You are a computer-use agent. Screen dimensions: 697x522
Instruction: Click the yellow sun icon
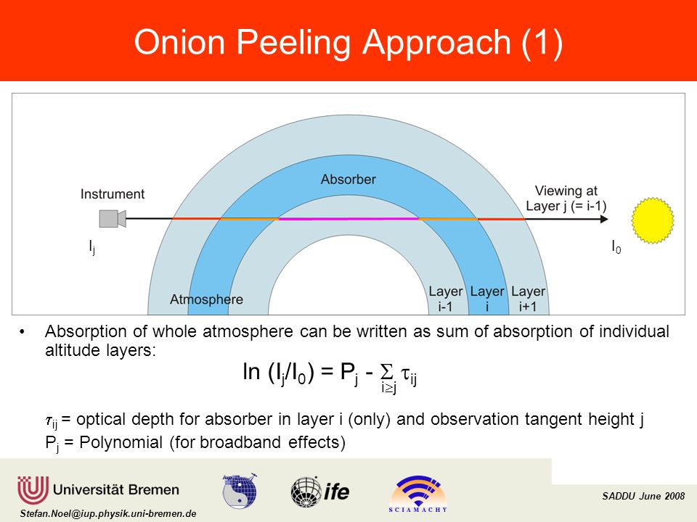point(653,220)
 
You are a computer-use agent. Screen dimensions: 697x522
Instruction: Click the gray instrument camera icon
point(113,219)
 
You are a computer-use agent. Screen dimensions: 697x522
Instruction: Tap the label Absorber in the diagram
point(348,179)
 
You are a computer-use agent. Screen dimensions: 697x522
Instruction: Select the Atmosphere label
point(206,299)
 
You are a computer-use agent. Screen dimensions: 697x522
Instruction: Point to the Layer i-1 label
point(445,299)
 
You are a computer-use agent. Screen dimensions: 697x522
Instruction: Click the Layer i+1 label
point(528,299)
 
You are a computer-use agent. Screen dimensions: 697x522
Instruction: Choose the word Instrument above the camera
point(113,194)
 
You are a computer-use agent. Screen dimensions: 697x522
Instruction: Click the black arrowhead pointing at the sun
point(604,219)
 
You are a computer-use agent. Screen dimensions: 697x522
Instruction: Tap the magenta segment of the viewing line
point(348,219)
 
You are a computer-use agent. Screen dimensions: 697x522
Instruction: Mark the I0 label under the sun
point(616,246)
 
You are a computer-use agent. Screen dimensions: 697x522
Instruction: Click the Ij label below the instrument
point(92,247)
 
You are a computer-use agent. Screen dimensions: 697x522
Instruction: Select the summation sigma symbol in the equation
point(387,371)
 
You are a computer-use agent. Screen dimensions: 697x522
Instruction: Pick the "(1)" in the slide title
point(542,43)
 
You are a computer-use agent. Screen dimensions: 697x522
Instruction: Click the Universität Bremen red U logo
point(33,490)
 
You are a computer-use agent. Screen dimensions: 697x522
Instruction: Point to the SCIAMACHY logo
point(418,494)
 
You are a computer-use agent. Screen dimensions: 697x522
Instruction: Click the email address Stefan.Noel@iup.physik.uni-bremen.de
point(108,513)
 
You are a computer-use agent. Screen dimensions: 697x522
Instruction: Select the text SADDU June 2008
point(643,496)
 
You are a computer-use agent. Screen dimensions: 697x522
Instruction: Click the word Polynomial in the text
point(121,442)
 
